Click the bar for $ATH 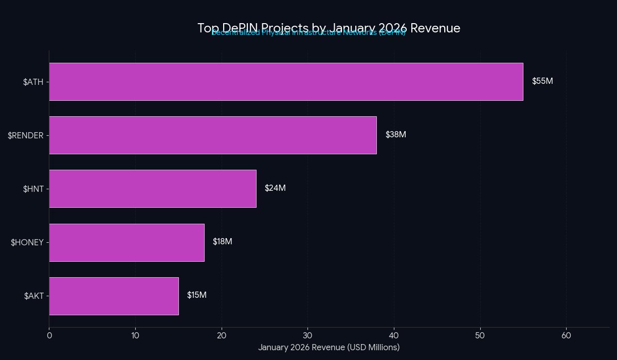[286, 82]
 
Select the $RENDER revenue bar [213, 135]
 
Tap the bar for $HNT [153, 189]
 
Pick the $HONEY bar [126, 242]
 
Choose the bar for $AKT [114, 296]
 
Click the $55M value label [542, 81]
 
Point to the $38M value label [396, 135]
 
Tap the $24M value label [275, 188]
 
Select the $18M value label [223, 242]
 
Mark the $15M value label [197, 295]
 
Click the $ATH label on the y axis [33, 82]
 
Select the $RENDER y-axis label [26, 135]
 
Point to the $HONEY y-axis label [27, 242]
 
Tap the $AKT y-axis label [34, 296]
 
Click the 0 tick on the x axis [49, 335]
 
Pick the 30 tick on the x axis [307, 335]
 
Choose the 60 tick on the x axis [566, 335]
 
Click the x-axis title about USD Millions [329, 348]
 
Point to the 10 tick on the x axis [135, 335]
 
